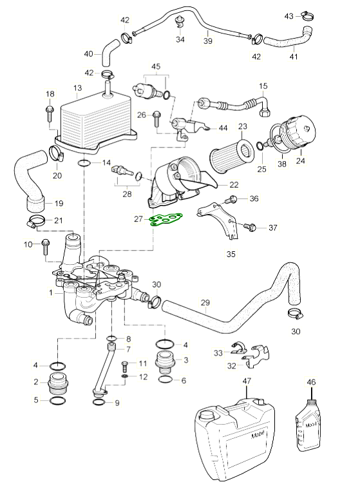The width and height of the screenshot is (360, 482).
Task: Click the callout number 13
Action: tap(78, 88)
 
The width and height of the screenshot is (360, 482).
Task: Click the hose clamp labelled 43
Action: tap(307, 16)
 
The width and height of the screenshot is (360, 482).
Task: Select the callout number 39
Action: tap(208, 41)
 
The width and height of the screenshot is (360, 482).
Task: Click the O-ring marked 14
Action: tap(84, 163)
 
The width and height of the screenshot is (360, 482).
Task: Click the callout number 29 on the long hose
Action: tap(205, 302)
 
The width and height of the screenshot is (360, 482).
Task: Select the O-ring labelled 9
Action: tap(99, 402)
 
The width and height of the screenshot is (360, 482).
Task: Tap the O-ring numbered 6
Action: tap(166, 380)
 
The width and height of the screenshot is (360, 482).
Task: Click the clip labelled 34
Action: tap(180, 23)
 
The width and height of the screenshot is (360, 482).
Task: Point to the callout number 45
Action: tap(156, 66)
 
